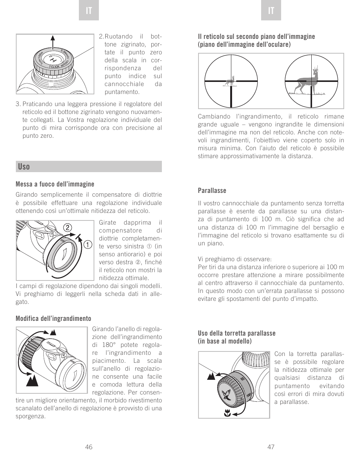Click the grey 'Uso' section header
pos(89,166)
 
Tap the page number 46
pos(89,447)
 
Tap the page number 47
pos(271,447)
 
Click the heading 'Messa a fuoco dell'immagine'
pos(55,184)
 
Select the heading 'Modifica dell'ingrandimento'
pos(53,319)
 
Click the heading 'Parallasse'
pos(212,191)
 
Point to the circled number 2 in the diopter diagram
pos(67,227)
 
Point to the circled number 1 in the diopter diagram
pos(88,245)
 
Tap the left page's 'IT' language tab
pos(89,11)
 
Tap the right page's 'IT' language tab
pos(271,11)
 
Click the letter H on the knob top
pos(54,59)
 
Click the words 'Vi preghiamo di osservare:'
pos(234,259)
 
